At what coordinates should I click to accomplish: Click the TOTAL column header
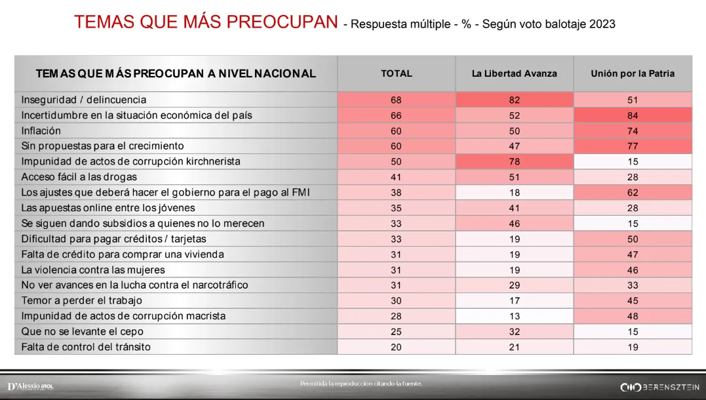click(396, 73)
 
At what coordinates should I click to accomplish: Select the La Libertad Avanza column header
click(514, 73)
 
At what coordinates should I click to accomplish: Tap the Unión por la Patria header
click(632, 73)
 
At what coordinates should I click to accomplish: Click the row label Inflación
click(41, 130)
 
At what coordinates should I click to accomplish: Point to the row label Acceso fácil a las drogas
click(79, 177)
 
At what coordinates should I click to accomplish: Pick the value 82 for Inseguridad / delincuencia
click(514, 100)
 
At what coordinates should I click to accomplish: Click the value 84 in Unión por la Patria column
click(632, 115)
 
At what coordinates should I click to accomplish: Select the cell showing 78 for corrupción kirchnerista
click(514, 161)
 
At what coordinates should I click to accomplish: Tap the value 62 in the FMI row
click(632, 193)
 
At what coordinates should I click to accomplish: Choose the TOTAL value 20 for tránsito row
click(396, 347)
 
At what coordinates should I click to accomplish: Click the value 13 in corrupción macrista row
click(514, 316)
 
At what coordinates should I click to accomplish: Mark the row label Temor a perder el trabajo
click(81, 300)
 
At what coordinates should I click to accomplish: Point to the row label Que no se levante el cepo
click(82, 331)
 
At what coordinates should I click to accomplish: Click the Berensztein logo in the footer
click(660, 386)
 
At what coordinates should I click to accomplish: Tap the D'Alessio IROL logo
click(30, 386)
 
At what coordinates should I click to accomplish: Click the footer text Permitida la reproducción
click(361, 383)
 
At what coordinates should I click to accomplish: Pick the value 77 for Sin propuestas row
click(632, 146)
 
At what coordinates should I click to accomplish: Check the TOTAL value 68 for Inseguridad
click(396, 100)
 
